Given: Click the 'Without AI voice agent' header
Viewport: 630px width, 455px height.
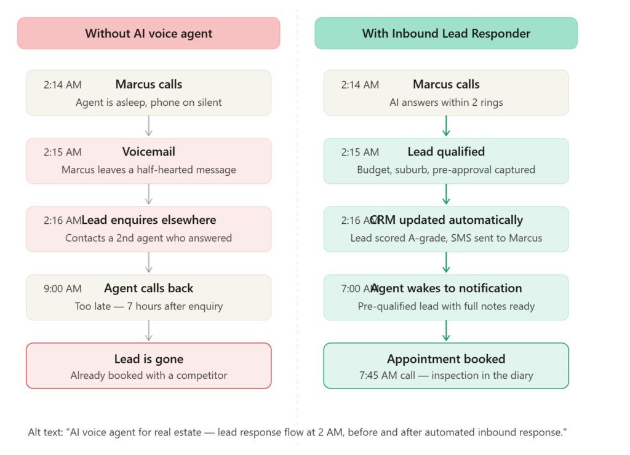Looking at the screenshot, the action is (x=149, y=33).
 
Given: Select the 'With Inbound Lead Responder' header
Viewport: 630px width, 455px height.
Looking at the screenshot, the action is (x=446, y=33).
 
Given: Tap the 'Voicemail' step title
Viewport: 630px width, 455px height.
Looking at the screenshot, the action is (x=149, y=152).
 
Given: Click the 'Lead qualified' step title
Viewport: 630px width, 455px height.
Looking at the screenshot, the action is (x=446, y=152).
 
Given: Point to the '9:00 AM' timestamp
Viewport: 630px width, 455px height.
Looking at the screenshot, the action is (x=63, y=289).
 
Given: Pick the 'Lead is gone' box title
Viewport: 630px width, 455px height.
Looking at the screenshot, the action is (x=149, y=359).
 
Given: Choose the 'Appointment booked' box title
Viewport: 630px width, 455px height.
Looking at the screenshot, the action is (x=446, y=359).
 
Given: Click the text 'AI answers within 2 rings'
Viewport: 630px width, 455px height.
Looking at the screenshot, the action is (x=446, y=103).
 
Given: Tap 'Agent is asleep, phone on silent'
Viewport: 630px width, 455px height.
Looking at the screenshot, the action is (x=149, y=103).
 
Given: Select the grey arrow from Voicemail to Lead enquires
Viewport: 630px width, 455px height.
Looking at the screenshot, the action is (x=149, y=194).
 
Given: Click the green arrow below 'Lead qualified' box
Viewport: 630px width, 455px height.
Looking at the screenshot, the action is (x=446, y=194).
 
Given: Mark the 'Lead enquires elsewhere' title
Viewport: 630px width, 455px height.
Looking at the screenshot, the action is (x=149, y=220).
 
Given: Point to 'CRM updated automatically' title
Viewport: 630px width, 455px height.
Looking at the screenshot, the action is (x=446, y=220).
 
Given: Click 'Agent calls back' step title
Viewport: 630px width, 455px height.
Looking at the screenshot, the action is (x=149, y=288).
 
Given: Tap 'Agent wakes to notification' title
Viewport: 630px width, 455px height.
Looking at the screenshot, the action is (x=446, y=288).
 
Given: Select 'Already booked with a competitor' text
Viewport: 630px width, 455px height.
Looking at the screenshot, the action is (x=149, y=376).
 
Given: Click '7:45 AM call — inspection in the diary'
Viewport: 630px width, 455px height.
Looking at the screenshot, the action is (x=446, y=376).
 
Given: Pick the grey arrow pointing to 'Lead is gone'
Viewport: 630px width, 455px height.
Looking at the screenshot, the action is (x=149, y=331).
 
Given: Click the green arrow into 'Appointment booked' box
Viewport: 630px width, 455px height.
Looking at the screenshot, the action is (x=446, y=331).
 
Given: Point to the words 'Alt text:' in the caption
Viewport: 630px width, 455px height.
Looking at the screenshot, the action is (x=46, y=432).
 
